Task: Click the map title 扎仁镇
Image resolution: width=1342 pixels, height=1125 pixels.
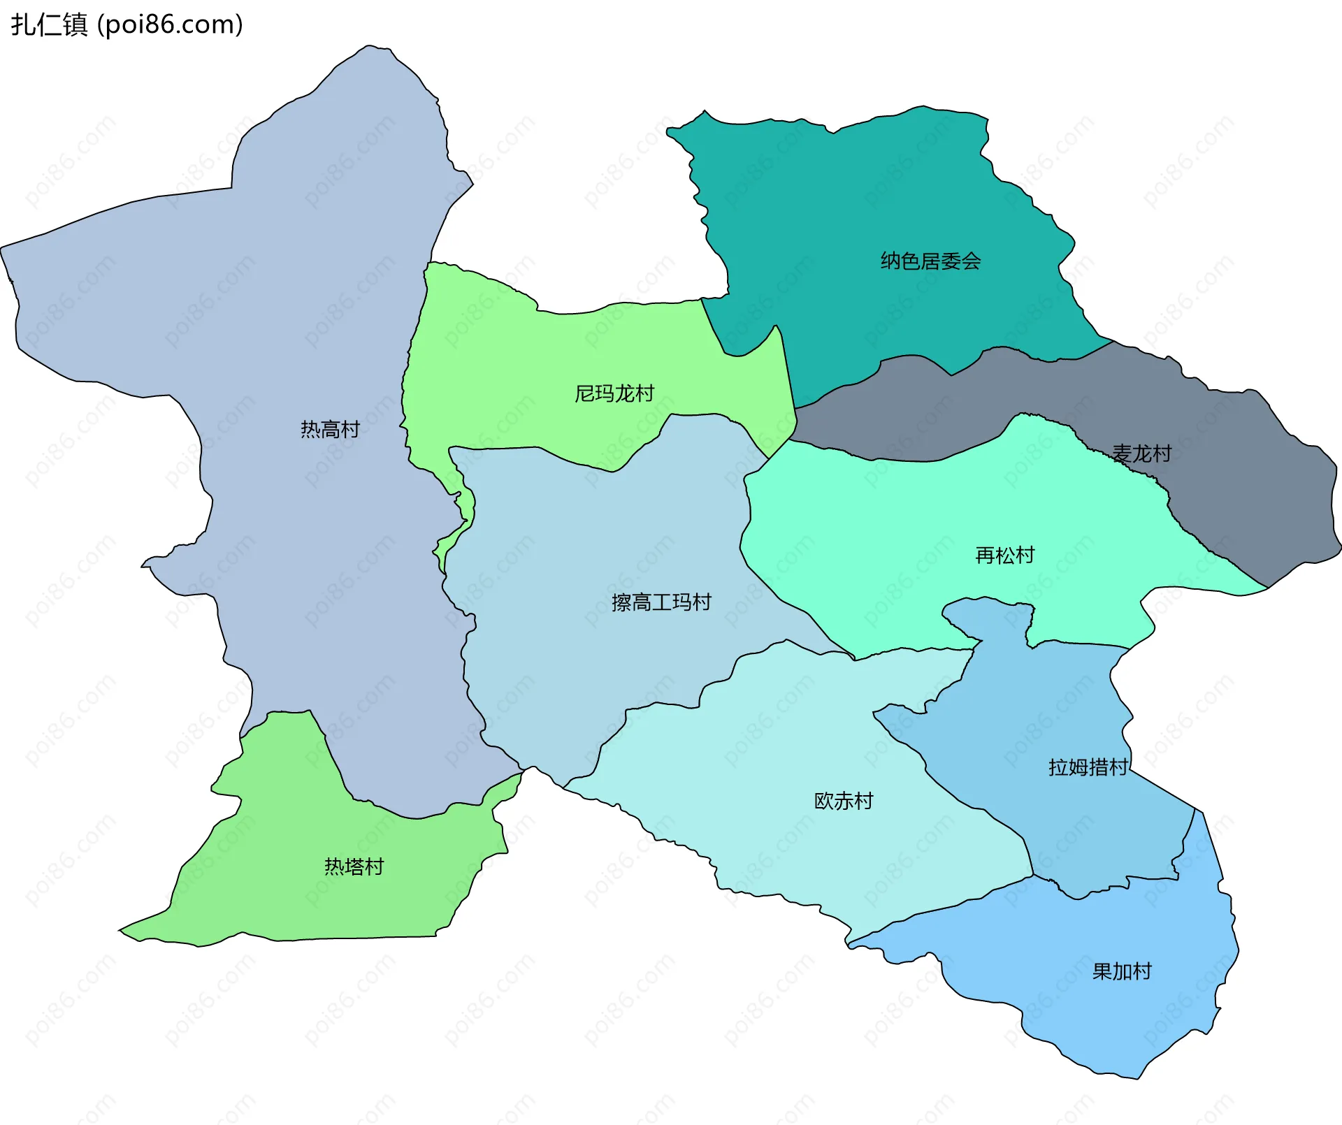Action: point(49,24)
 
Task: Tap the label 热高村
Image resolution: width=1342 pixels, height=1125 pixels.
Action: point(330,429)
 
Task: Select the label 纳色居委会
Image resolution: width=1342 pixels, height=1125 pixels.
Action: point(930,261)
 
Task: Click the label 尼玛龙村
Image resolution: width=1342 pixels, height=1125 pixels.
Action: point(614,393)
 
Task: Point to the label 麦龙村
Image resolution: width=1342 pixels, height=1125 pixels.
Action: point(1141,454)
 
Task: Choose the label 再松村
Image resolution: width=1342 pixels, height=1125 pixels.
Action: point(1004,556)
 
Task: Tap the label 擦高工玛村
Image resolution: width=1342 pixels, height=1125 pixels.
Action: point(661,602)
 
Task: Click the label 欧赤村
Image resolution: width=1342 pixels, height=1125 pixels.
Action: point(844,801)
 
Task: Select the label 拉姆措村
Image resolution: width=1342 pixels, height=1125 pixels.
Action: point(1088,767)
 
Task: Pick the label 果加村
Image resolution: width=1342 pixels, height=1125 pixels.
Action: point(1122,971)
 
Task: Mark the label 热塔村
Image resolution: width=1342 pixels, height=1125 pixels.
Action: point(354,866)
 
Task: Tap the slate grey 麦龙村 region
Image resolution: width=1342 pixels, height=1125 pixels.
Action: point(1244,503)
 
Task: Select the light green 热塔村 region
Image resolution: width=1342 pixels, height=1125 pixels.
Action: point(294,901)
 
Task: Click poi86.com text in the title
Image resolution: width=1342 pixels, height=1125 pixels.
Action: point(170,24)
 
